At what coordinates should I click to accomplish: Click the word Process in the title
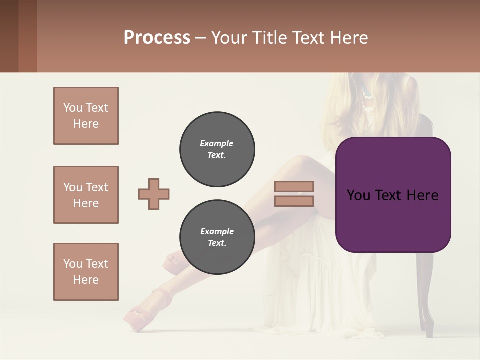[157, 38]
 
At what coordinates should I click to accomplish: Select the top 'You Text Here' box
[86, 116]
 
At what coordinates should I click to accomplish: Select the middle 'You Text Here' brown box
[86, 195]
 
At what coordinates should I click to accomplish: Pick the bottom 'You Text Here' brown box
[86, 272]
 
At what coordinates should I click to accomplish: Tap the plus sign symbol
[154, 194]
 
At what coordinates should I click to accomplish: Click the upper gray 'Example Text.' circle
[217, 149]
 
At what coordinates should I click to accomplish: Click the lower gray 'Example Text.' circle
[217, 237]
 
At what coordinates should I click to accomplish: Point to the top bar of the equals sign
[294, 187]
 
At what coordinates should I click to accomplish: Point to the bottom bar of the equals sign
[294, 201]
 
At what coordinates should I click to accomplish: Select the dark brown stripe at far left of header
[9, 36]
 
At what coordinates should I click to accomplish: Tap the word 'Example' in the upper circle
[217, 143]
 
